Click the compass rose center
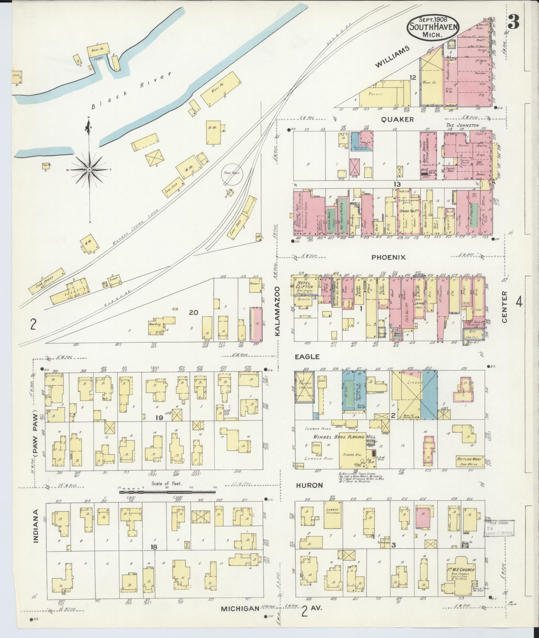[x=89, y=170]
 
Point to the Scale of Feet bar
[x=167, y=493]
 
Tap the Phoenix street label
[x=388, y=257]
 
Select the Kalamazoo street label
[x=277, y=312]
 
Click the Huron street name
[x=309, y=486]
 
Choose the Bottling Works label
[x=470, y=459]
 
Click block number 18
[x=154, y=547]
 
